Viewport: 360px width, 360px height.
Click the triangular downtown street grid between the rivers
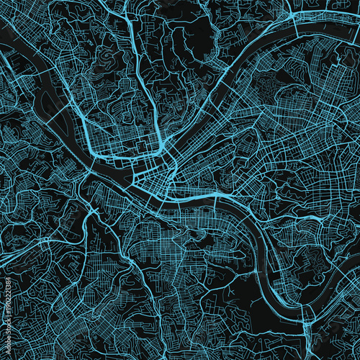coord(155,176)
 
